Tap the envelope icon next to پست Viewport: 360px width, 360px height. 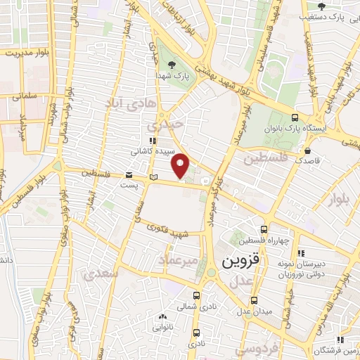(129, 174)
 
